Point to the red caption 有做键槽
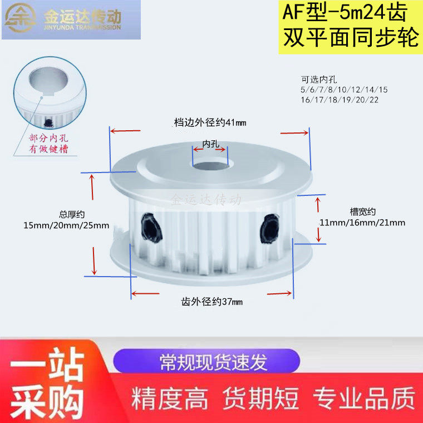[x=48, y=149]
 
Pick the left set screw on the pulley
[x=150, y=227]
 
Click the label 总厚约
[x=71, y=214]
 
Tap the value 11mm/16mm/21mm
[x=362, y=222]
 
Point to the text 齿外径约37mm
[x=212, y=301]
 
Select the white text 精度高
[x=170, y=399]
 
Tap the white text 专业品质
[x=364, y=399]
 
